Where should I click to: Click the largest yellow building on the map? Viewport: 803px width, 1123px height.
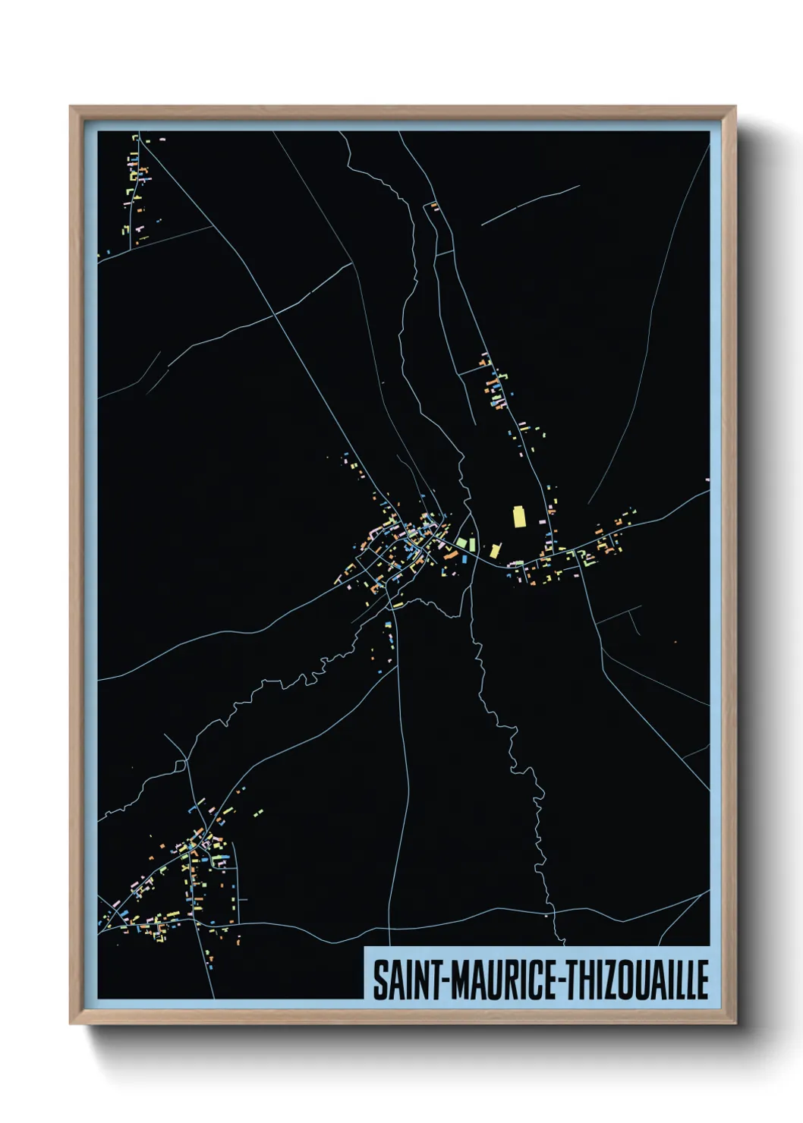[520, 517]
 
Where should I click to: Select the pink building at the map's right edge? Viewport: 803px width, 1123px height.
[707, 480]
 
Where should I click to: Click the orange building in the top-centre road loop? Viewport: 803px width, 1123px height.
[434, 206]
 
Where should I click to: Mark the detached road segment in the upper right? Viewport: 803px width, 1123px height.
[530, 205]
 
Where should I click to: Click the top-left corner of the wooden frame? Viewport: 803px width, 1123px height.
[71, 107]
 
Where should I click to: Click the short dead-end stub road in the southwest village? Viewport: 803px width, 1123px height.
[242, 899]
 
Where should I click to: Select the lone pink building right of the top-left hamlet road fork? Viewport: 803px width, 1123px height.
[162, 140]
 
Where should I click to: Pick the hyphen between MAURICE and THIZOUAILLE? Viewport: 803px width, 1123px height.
[561, 981]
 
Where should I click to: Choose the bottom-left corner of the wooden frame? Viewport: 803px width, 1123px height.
[71, 1023]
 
